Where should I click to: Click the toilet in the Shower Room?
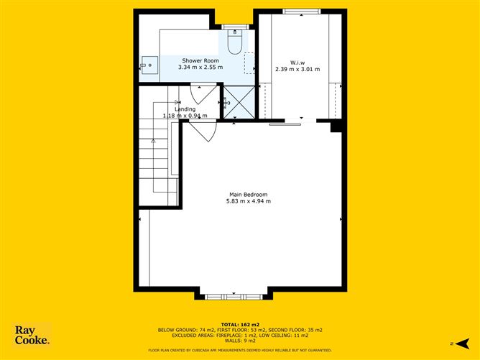coord(234,44)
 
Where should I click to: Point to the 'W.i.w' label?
coord(297,61)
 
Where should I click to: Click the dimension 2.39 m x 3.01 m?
coord(297,69)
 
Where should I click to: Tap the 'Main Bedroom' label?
coord(248,194)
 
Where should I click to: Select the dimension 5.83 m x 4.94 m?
coord(248,201)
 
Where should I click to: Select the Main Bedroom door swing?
coord(203,131)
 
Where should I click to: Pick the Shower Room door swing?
coord(202,93)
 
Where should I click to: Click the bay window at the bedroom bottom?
coord(232,295)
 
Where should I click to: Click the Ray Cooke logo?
coord(32,336)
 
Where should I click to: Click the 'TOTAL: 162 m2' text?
coord(240,323)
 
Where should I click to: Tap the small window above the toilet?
coord(234,27)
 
